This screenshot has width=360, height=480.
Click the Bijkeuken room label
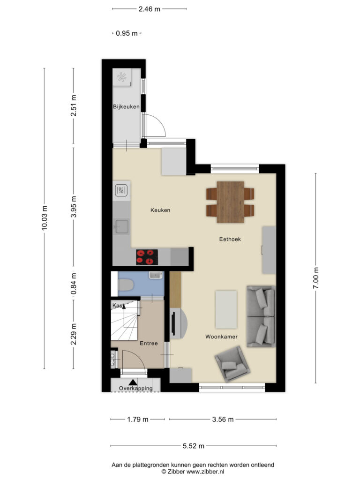pyautogui.click(x=127, y=107)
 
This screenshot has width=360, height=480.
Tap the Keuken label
pyautogui.click(x=160, y=210)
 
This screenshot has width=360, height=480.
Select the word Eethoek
pyautogui.click(x=230, y=239)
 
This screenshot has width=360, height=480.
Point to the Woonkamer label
pyautogui.click(x=221, y=337)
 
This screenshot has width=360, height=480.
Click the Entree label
pyautogui.click(x=149, y=343)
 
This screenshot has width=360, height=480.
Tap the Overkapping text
pyautogui.click(x=135, y=389)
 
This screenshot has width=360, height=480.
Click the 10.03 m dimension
pyautogui.click(x=45, y=217)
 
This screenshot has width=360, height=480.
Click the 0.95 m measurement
pyautogui.click(x=127, y=33)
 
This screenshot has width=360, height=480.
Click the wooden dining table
pyautogui.click(x=230, y=202)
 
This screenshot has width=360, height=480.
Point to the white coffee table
pyautogui.click(x=226, y=309)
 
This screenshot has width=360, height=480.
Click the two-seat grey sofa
pyautogui.click(x=261, y=316)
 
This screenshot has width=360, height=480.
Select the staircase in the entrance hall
pyautogui.click(x=124, y=322)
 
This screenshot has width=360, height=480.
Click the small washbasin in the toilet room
pyautogui.click(x=155, y=275)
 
